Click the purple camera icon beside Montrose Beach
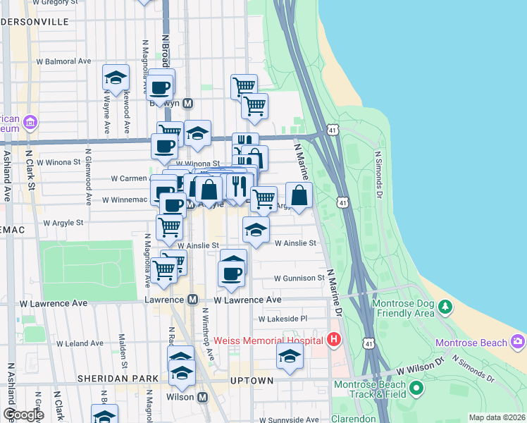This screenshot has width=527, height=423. pyautogui.click(x=519, y=342)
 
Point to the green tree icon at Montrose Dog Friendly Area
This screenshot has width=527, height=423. pyautogui.click(x=445, y=307)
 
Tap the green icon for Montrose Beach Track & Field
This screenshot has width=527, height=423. pyautogui.click(x=416, y=387)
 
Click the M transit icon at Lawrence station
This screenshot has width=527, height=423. pyautogui.click(x=192, y=300)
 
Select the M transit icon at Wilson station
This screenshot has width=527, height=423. pyautogui.click(x=203, y=398)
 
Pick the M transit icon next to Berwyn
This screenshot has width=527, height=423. pyautogui.click(x=188, y=103)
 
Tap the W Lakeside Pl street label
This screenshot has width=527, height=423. pyautogui.click(x=283, y=319)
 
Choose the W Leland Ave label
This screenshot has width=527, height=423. pyautogui.click(x=80, y=343)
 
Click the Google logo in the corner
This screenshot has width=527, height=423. pyautogui.click(x=23, y=415)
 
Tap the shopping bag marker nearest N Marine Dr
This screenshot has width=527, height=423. pyautogui.click(x=299, y=196)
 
